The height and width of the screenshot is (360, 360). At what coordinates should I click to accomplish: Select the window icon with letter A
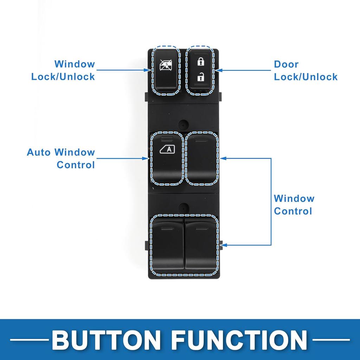coord(167,149)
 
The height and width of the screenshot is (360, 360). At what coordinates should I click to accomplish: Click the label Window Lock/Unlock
coord(63,70)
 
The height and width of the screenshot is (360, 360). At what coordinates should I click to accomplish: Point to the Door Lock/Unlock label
coord(306,70)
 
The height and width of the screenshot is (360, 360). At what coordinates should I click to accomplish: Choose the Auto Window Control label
coord(61,158)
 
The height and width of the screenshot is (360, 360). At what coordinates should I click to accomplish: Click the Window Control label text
coord(294,205)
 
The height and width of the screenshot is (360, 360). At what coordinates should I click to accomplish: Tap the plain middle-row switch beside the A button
coord(202,158)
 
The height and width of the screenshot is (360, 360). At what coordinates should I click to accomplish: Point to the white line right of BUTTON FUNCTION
coord(331,340)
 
